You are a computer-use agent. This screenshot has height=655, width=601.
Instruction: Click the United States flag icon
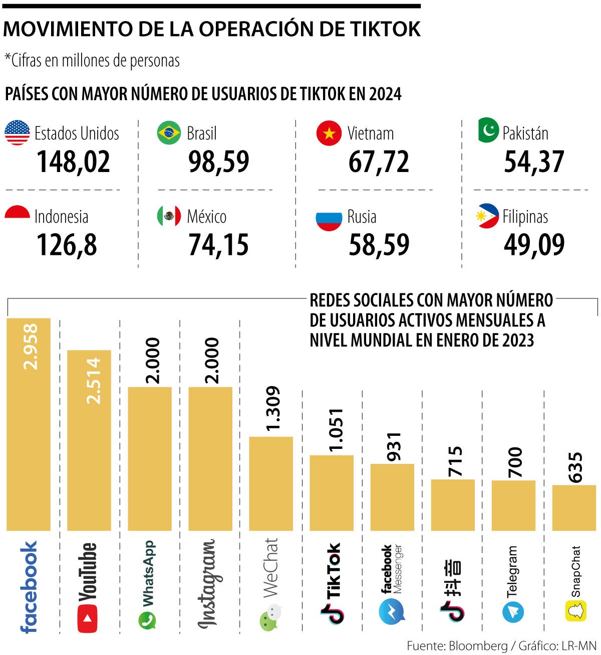tap(18, 133)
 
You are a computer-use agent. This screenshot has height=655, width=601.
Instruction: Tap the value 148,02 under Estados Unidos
tap(73, 161)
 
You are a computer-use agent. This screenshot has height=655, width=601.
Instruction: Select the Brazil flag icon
tap(169, 133)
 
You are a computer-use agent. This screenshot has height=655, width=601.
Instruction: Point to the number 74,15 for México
tap(218, 245)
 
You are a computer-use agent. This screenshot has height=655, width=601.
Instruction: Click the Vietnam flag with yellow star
tap(329, 133)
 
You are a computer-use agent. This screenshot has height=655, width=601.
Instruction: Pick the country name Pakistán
tap(525, 133)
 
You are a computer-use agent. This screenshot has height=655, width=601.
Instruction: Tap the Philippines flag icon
tap(487, 216)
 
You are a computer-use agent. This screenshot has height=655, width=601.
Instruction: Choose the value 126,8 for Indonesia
tap(67, 245)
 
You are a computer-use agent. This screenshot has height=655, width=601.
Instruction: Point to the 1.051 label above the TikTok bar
tap(334, 430)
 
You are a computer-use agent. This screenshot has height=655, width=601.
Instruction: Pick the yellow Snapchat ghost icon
tap(576, 611)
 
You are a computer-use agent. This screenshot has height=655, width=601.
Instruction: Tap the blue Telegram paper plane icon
tap(513, 612)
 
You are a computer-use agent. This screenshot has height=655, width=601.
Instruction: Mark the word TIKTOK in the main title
tap(381, 29)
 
